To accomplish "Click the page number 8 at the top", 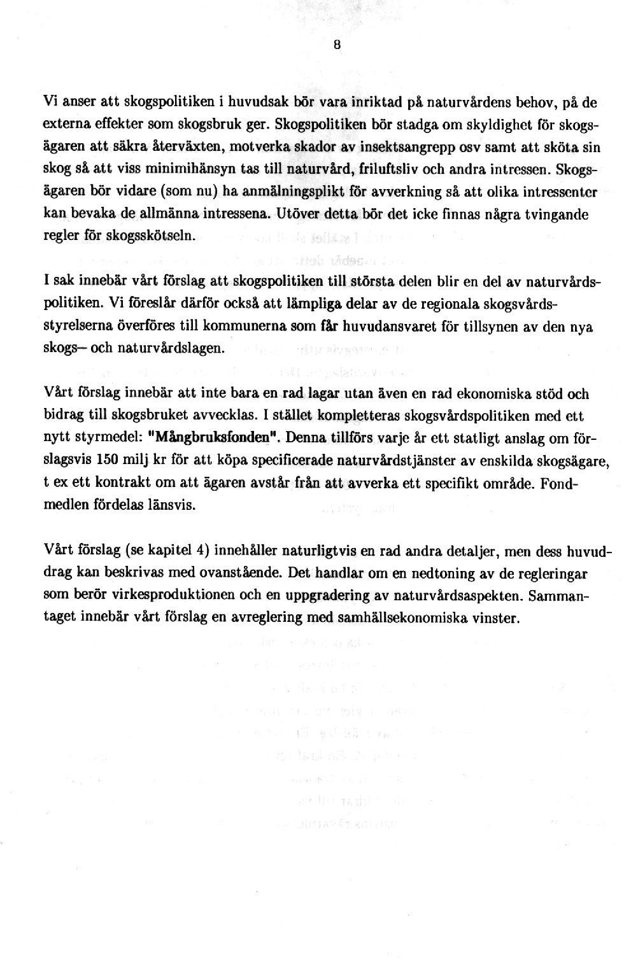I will tap(337, 45).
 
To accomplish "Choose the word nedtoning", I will tap(450, 573).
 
